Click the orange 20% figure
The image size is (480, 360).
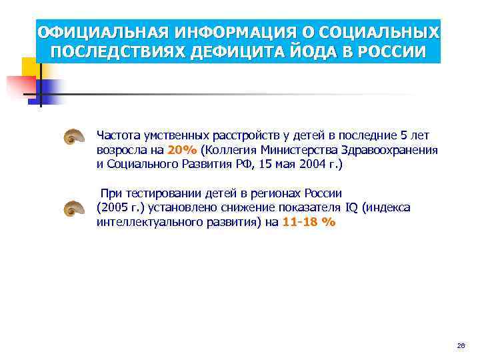tap(182, 150)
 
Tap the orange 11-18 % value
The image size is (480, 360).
tap(309, 223)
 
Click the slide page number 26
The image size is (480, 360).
tap(461, 345)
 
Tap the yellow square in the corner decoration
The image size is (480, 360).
tap(30, 67)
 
